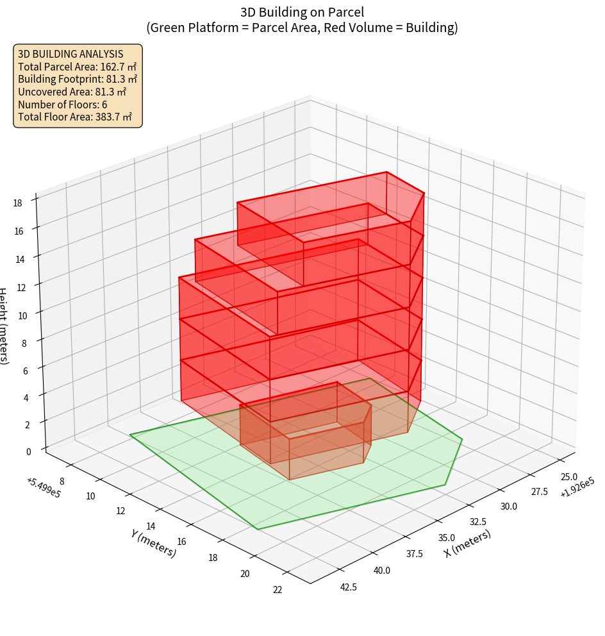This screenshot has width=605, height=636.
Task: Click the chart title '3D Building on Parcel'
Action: (302, 12)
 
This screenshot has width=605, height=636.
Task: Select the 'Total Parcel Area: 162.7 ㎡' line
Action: (77, 67)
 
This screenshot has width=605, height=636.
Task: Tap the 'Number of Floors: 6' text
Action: (63, 105)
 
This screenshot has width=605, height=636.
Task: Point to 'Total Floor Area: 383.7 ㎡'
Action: (75, 117)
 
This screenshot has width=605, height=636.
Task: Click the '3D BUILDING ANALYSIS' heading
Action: (70, 54)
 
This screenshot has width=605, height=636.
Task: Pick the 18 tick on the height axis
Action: (18, 203)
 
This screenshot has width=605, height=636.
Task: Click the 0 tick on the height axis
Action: (28, 451)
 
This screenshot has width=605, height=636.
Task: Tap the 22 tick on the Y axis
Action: (278, 590)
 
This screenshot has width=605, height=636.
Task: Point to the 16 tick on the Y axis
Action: (181, 542)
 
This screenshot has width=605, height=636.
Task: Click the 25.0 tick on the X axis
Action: (569, 477)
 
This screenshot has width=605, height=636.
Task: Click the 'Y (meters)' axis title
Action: (153, 542)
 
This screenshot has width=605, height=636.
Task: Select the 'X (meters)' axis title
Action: (467, 543)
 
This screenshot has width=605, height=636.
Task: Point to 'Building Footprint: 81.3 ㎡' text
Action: (78, 79)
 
